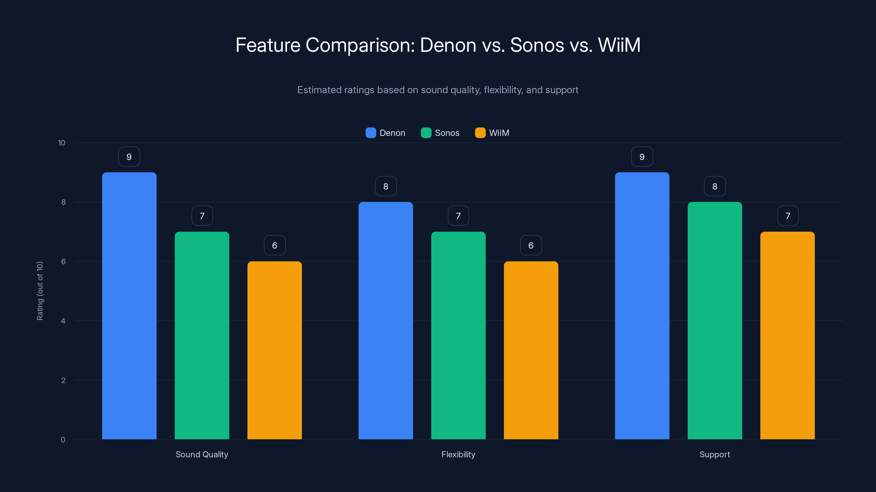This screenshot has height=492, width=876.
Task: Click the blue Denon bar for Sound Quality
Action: tap(129, 306)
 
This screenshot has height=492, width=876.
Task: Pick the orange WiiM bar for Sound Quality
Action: tap(274, 350)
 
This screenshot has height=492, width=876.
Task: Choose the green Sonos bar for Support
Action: tap(714, 321)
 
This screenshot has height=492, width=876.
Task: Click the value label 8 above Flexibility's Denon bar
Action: tap(386, 186)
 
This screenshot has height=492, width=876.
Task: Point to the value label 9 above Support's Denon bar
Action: tap(642, 157)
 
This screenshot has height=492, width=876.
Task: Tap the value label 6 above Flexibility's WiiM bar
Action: tap(531, 245)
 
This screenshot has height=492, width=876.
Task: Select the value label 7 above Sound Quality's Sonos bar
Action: tap(202, 216)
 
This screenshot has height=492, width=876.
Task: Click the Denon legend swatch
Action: tap(371, 133)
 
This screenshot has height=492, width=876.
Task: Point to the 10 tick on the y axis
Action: tap(62, 143)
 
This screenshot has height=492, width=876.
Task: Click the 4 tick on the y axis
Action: tap(63, 321)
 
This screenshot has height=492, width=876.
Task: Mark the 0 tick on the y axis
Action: tap(63, 440)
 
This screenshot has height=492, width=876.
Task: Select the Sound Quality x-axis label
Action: tap(202, 454)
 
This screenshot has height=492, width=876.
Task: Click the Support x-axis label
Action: tap(714, 454)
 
